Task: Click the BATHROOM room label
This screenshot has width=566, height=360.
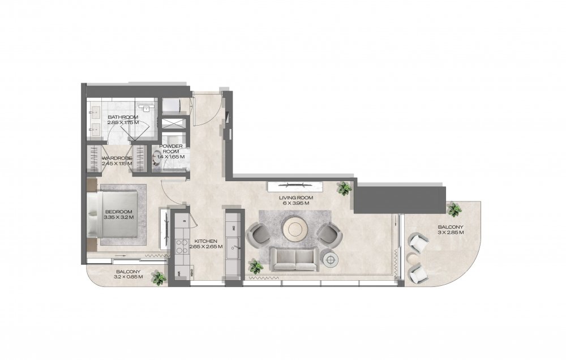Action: tap(123, 117)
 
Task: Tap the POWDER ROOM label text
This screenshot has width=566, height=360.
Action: tap(171, 149)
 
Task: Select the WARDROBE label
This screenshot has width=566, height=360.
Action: tap(117, 158)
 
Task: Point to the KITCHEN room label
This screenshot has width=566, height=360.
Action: tap(206, 241)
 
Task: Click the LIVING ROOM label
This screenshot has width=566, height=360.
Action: tap(295, 198)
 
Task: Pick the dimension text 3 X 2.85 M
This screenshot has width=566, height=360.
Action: tap(451, 233)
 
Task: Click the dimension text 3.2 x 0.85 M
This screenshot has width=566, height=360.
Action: tap(128, 277)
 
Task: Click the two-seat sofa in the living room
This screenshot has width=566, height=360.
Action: tap(295, 259)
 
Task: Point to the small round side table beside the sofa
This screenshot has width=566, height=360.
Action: tap(331, 259)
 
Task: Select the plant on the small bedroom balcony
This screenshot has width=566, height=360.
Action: tap(158, 278)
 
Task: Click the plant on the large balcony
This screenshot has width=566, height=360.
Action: tap(454, 209)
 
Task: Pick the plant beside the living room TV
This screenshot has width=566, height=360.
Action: tap(344, 188)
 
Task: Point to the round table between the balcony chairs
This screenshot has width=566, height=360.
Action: tap(411, 258)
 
